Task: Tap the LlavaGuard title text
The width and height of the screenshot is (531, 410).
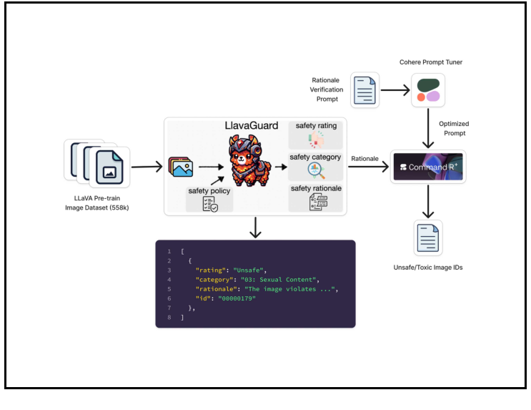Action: click(252, 126)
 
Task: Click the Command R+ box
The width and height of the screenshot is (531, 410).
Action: click(428, 167)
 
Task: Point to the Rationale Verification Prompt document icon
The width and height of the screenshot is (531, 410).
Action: click(365, 90)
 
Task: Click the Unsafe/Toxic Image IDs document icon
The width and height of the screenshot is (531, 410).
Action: click(428, 238)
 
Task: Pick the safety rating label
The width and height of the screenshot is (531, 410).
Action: click(315, 126)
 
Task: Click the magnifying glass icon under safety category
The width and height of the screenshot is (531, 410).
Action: click(315, 170)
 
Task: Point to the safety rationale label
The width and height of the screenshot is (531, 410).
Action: click(315, 188)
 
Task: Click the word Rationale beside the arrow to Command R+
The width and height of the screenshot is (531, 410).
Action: click(366, 158)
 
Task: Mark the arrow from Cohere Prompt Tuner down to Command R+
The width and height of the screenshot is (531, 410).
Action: click(428, 129)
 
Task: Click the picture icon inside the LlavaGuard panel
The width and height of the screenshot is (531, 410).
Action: click(181, 167)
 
